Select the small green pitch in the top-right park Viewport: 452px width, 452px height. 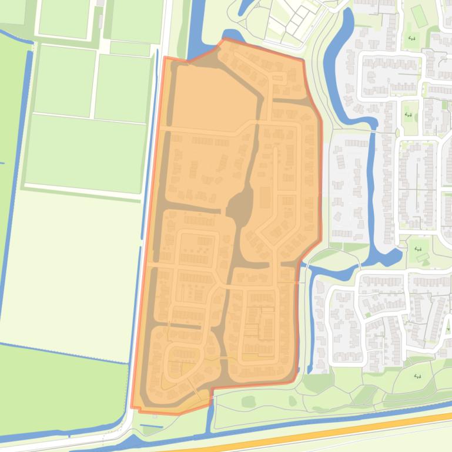tap(418, 16)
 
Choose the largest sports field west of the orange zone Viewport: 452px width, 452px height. tap(85, 151)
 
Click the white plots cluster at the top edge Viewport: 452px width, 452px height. tap(288, 21)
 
